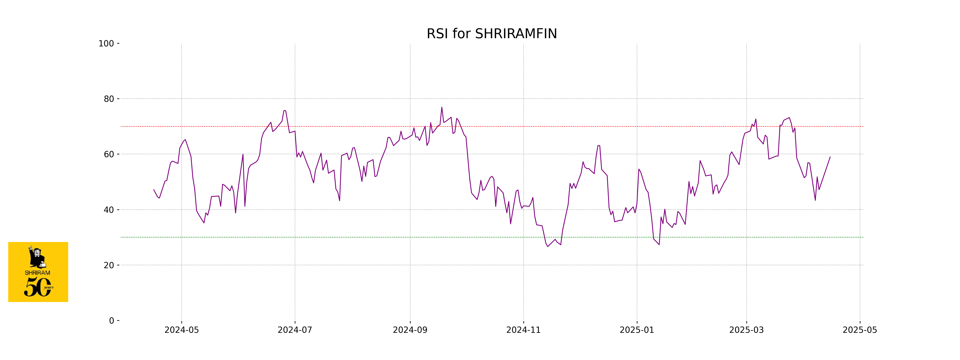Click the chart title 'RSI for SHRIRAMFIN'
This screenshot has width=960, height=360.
[x=492, y=34]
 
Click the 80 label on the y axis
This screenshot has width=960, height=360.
[x=109, y=99]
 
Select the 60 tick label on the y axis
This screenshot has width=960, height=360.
[x=109, y=154]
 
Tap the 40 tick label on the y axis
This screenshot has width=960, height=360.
[x=109, y=210]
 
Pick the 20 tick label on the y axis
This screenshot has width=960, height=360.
[x=109, y=265]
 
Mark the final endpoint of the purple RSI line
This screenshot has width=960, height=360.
[x=830, y=157]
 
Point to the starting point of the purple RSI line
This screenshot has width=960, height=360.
[x=154, y=190]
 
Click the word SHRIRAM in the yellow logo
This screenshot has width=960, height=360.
[x=37, y=273]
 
